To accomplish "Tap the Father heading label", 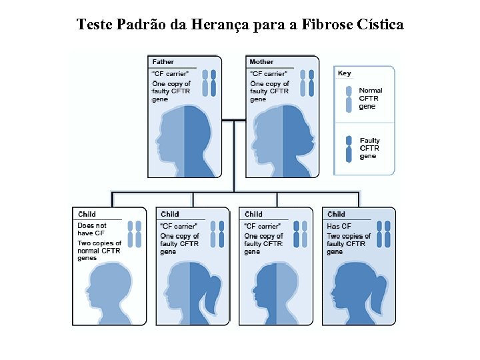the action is pos(163,62).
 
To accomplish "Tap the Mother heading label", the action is pos(261,62).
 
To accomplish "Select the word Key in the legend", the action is pos(345,73).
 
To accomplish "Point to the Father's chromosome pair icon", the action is pos(210,84).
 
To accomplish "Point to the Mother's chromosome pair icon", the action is pos(307,84).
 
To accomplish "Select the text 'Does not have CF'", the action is pos(92,229).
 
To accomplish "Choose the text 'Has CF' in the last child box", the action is pos(339,226).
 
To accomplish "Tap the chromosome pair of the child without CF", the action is pos(135,234).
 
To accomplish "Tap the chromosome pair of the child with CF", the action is pos(383,234).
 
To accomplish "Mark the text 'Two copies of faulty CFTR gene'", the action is pos(349,244).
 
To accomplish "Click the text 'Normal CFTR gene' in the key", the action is pos(371,98).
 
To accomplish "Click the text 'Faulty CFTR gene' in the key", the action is pos(370,149).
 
